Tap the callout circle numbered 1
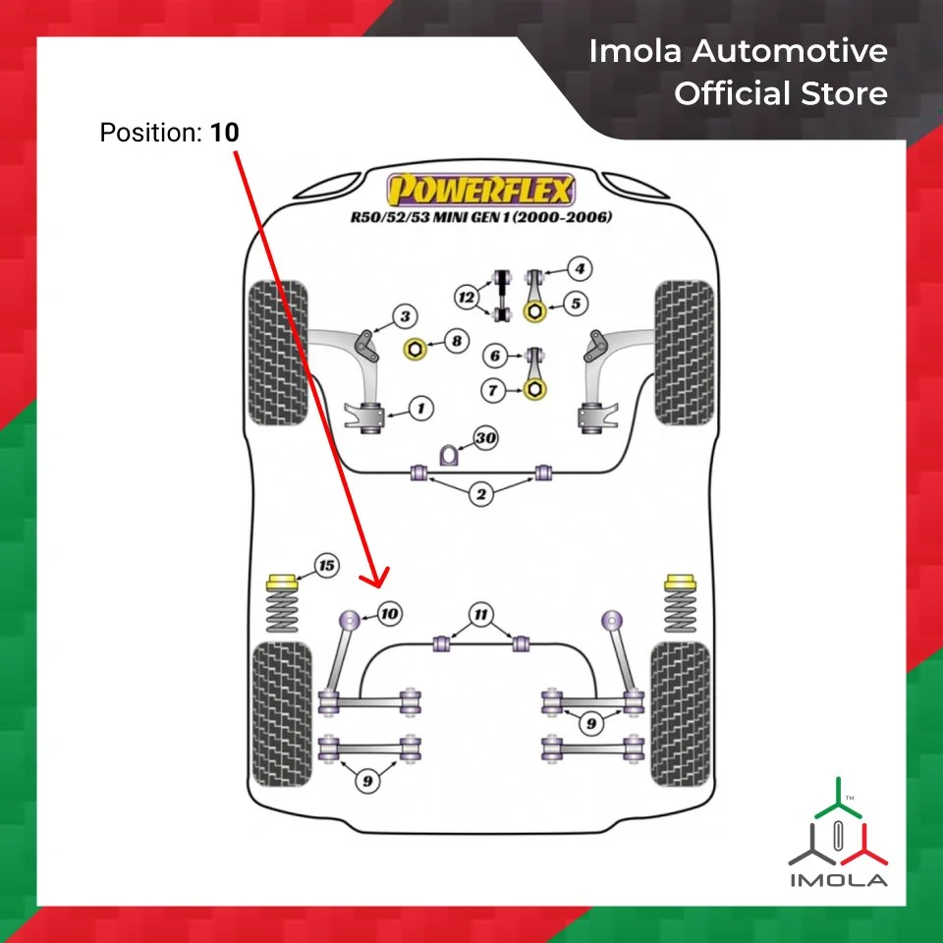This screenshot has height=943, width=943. pos(419,406)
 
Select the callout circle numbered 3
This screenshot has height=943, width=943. pos(405,315)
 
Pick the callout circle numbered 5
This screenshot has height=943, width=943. pos(577,304)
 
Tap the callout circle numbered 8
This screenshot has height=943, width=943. pos(456,342)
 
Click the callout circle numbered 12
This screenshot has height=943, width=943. pos(467,295)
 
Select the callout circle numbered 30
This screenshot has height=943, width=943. pos(484,438)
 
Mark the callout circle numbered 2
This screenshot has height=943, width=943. pos(480,494)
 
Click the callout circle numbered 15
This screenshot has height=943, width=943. pos(326,565)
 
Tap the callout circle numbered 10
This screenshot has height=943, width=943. pos(390,614)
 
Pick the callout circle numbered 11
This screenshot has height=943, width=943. pos(480,616)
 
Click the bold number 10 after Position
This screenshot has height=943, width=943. pos(224,132)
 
